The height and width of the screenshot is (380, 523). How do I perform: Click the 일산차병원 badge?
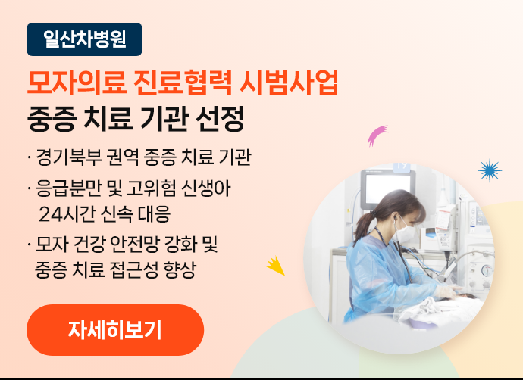pos(84,39)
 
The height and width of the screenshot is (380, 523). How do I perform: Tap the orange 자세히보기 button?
pos(115,330)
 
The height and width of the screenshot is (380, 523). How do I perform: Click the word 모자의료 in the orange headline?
pos(77,83)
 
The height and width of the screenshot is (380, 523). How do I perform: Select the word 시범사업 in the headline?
pos(289,83)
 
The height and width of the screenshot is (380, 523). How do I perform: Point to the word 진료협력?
pos(183,83)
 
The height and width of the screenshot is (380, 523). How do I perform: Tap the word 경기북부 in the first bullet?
pos(69,157)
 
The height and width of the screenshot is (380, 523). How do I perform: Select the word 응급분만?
pos(69,188)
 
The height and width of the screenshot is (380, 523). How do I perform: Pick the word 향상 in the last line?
pos(180,269)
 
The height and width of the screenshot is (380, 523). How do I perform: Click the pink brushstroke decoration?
pos(377,135)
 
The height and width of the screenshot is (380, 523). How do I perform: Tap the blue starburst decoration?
pos(490,170)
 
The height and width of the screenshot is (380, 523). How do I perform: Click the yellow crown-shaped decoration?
pos(277,266)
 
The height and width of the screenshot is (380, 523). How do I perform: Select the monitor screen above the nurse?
pos(388,188)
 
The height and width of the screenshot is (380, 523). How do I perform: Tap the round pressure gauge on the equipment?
pos(487,270)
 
